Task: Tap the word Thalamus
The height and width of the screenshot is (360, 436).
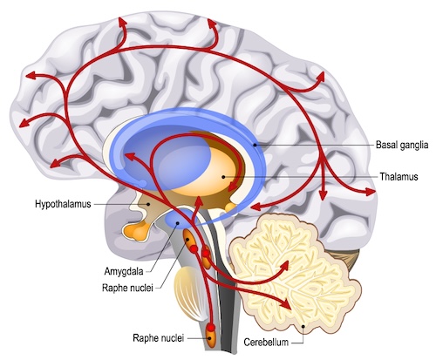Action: [399, 176]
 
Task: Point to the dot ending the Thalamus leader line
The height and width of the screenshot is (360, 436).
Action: [225, 176]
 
